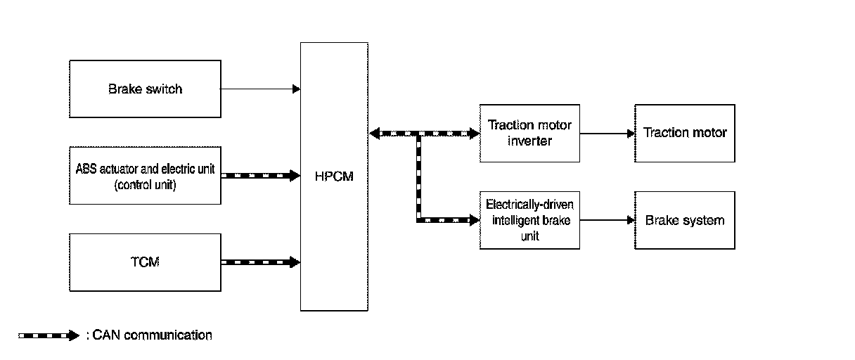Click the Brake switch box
point(145,89)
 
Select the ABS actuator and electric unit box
point(145,176)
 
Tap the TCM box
point(145,262)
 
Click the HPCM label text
point(334,176)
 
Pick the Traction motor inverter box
point(529,133)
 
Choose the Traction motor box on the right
point(684,133)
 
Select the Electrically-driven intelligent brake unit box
point(529,220)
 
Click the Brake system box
point(684,220)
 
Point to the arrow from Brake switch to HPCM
point(260,89)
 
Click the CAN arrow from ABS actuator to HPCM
point(260,176)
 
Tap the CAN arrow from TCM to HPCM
point(260,262)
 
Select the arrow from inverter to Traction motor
point(607,133)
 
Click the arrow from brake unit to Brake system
point(607,220)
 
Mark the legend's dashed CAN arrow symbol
point(48,335)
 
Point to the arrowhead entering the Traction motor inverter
point(475,133)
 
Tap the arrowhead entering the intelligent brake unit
point(475,220)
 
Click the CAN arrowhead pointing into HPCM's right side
point(373,133)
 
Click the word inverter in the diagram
point(529,141)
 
